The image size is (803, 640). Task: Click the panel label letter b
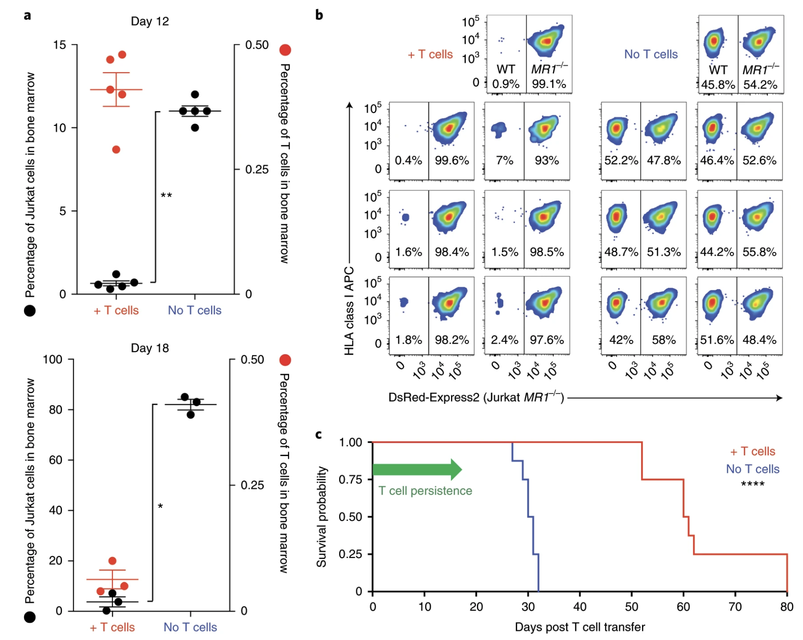[319, 15]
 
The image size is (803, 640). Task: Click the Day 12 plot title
[149, 21]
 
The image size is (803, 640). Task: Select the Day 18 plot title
[149, 348]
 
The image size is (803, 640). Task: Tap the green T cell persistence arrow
[417, 470]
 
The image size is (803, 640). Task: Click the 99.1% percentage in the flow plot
[549, 84]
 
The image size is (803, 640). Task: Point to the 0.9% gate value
[506, 84]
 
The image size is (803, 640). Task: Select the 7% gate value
[504, 160]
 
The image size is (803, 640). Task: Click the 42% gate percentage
[621, 340]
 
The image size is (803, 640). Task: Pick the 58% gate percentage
[664, 340]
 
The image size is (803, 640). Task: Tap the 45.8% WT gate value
[718, 85]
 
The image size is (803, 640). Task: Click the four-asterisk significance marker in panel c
[753, 484]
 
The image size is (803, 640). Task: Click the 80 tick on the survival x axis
[786, 607]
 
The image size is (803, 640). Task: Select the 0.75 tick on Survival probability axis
[350, 479]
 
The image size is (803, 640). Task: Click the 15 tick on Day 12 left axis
[60, 45]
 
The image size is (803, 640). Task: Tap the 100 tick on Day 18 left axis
[52, 359]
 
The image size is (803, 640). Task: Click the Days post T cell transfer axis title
[580, 627]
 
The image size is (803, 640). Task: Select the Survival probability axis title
[321, 516]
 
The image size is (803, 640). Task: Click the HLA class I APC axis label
[349, 311]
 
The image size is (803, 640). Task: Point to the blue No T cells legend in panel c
[753, 469]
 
